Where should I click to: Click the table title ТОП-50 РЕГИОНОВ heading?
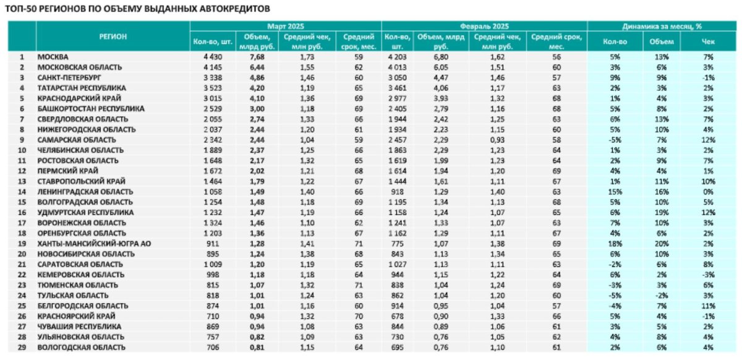(135, 9)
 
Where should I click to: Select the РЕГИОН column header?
(113, 36)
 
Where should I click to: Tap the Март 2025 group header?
(285, 26)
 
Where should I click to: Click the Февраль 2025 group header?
(484, 26)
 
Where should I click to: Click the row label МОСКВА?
(53, 57)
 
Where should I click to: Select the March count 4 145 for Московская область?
(210, 67)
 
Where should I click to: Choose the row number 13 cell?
(22, 181)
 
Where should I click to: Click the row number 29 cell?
(22, 348)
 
